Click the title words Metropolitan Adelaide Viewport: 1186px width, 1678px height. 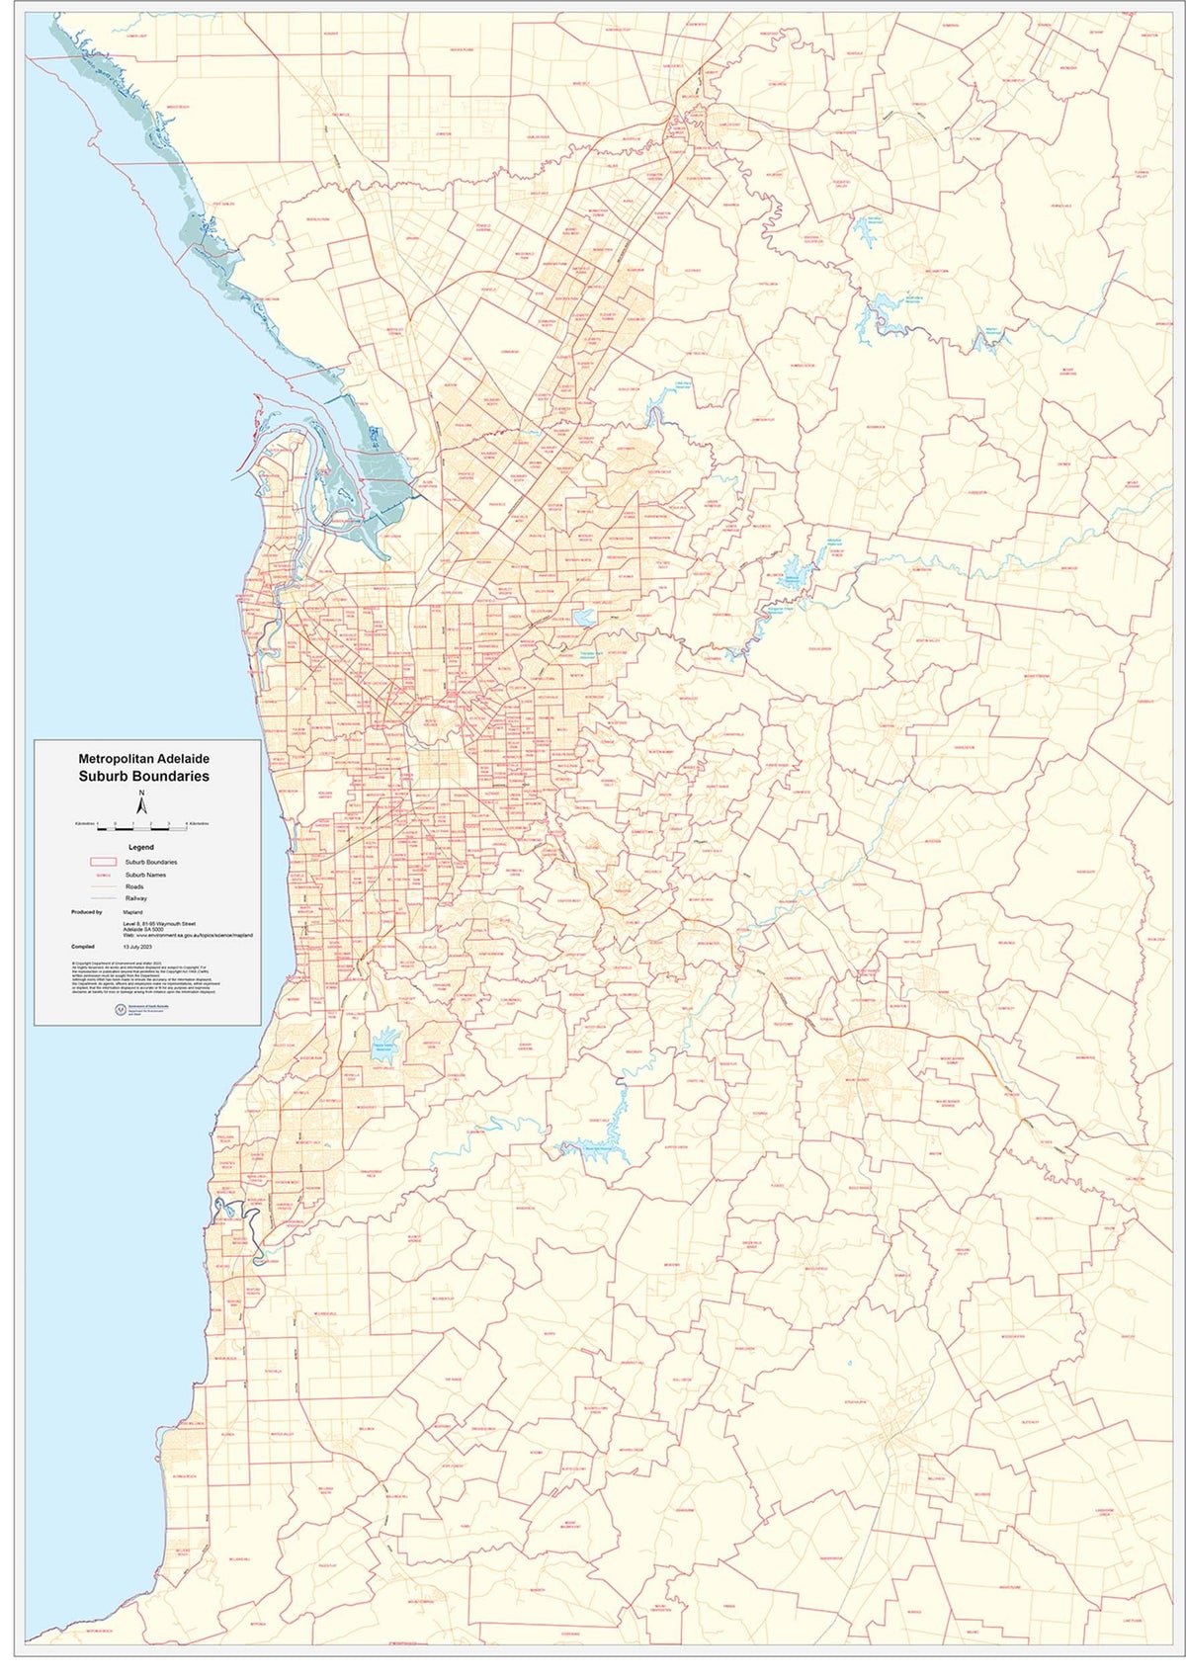[150, 758]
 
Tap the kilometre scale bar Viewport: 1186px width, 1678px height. [142, 823]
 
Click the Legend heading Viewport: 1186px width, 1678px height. [141, 847]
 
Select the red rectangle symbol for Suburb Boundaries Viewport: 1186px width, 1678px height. [103, 862]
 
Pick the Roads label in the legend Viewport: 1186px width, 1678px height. [134, 887]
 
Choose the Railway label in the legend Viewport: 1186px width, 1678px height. [136, 898]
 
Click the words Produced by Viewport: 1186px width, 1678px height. [86, 912]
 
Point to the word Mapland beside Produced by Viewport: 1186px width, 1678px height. [133, 912]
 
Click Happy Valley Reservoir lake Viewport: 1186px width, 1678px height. [382, 1050]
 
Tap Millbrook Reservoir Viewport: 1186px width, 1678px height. [791, 576]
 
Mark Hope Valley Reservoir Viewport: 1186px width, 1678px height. [583, 619]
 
